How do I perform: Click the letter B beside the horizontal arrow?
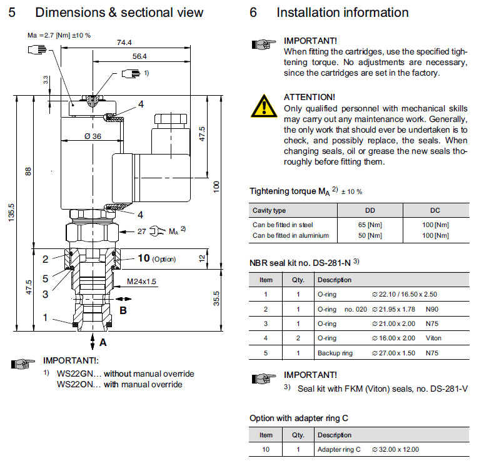(x=123, y=310)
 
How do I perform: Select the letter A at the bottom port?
(x=103, y=343)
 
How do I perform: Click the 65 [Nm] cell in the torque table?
(x=370, y=225)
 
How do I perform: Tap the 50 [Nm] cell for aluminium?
(x=370, y=235)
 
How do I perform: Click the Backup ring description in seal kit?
(x=335, y=353)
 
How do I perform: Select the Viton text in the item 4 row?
(x=433, y=338)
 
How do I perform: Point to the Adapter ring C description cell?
(x=340, y=449)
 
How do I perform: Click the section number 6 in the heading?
(x=253, y=13)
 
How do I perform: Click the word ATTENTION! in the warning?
(x=310, y=97)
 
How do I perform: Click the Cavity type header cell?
(x=270, y=210)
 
